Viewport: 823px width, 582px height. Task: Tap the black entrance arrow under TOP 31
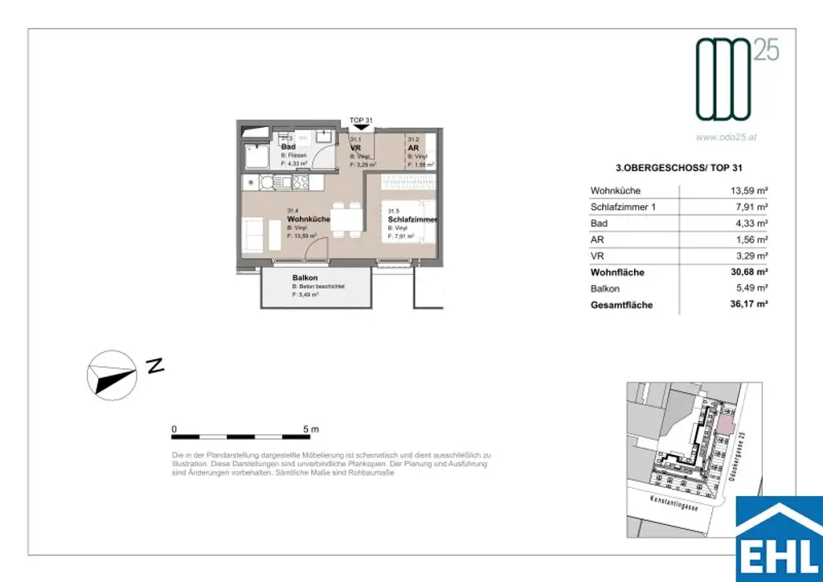click(362, 127)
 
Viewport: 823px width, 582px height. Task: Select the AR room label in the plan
click(412, 148)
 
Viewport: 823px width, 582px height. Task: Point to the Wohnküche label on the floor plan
click(309, 219)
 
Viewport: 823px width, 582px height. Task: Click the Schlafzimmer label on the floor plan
click(412, 219)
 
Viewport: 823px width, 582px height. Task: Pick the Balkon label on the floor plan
click(305, 278)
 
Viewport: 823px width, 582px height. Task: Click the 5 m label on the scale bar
click(309, 428)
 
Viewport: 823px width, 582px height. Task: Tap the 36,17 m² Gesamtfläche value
click(744, 305)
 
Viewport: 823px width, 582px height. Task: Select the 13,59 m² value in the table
click(746, 191)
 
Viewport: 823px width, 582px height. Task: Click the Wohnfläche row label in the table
click(617, 273)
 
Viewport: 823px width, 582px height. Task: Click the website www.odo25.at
click(727, 137)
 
